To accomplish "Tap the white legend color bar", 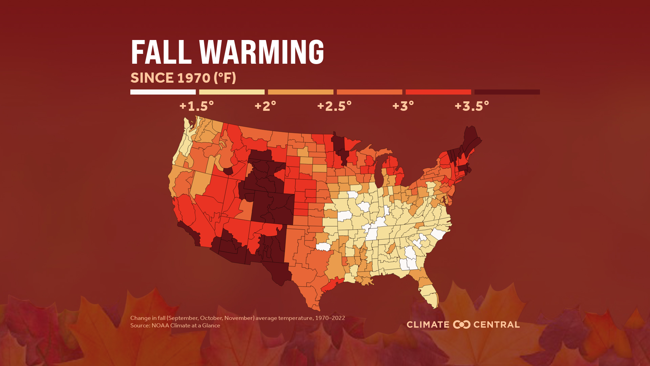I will point(163,92).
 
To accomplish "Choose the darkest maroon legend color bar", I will point(507,92).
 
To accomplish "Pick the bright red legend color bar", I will point(438,92).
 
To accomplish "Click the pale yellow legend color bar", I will point(232,92).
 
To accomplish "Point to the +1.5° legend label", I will point(196,106).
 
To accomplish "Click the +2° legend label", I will point(265,106).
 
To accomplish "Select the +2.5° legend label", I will point(334,106).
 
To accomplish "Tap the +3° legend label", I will point(403,106).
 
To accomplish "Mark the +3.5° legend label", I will point(472,106).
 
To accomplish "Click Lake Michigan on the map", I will point(379,173).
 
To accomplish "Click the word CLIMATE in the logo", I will point(428,325).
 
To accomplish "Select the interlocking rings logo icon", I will point(462,325).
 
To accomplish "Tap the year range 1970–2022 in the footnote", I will point(330,318).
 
